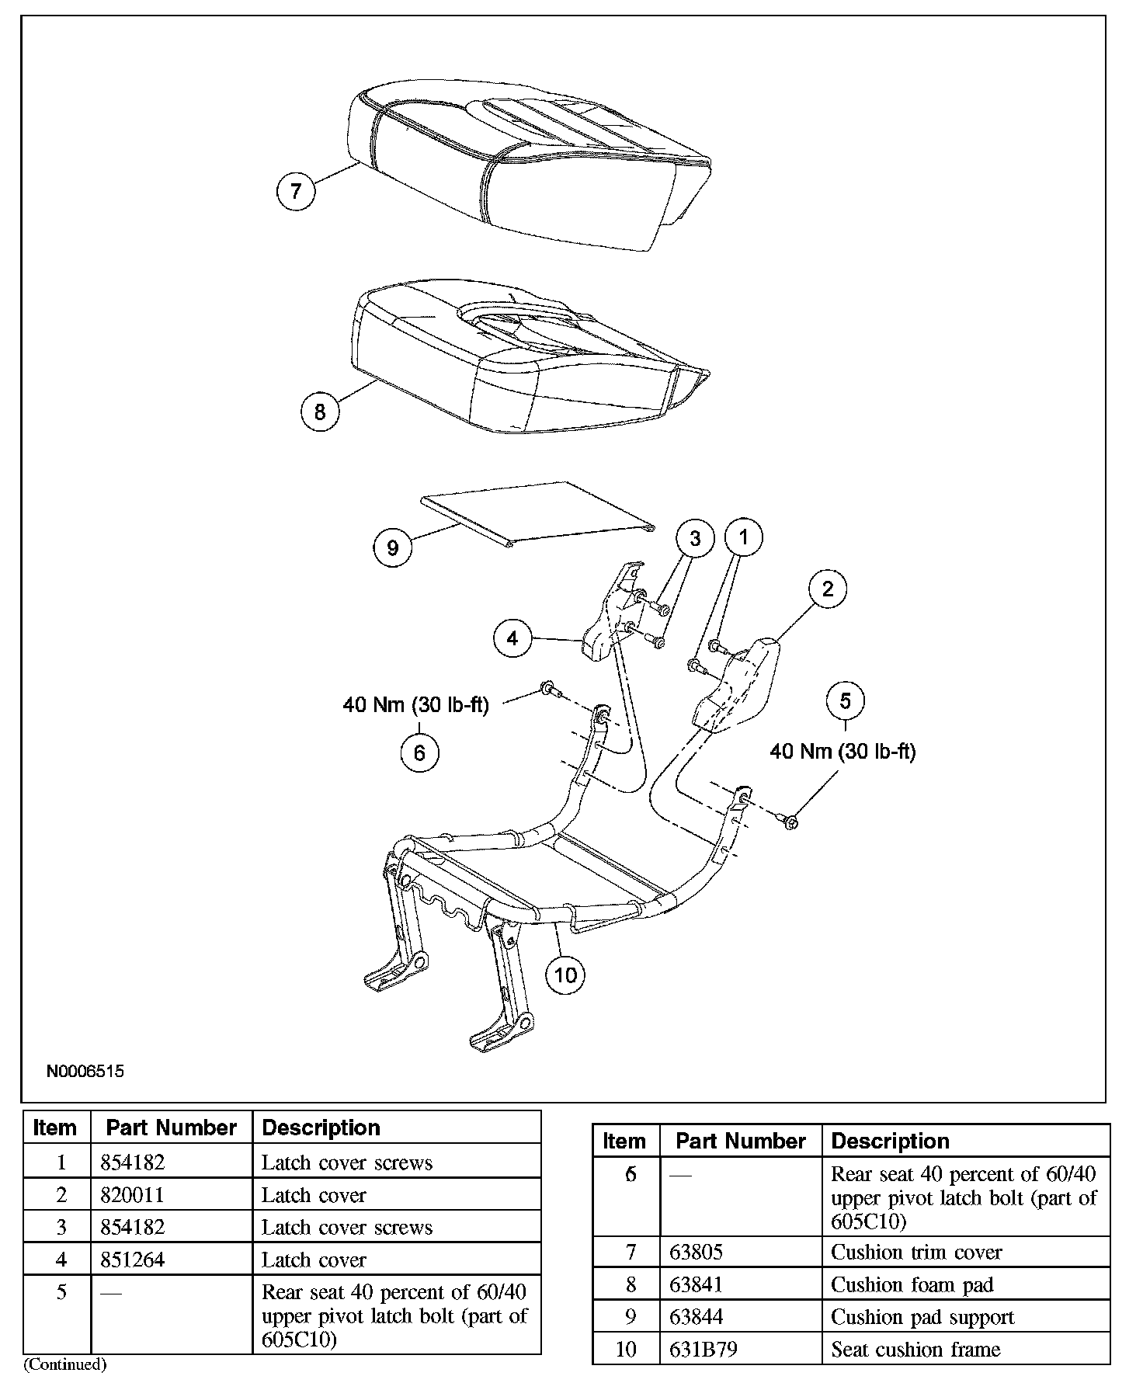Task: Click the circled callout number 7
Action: (296, 190)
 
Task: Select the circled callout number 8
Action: (320, 411)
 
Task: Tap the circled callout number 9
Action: (392, 547)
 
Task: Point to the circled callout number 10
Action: (565, 974)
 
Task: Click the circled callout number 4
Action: (512, 638)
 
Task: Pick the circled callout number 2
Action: (827, 589)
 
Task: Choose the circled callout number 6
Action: (419, 752)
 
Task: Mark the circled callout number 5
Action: (845, 700)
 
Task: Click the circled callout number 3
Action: (695, 538)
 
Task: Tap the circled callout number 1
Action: (744, 536)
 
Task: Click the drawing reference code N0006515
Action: (85, 1072)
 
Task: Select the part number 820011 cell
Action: (172, 1194)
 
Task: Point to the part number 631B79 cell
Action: (741, 1350)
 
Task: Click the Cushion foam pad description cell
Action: (966, 1285)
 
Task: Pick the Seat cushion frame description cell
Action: (966, 1350)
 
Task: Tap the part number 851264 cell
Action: (172, 1260)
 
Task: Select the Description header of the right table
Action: (890, 1141)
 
